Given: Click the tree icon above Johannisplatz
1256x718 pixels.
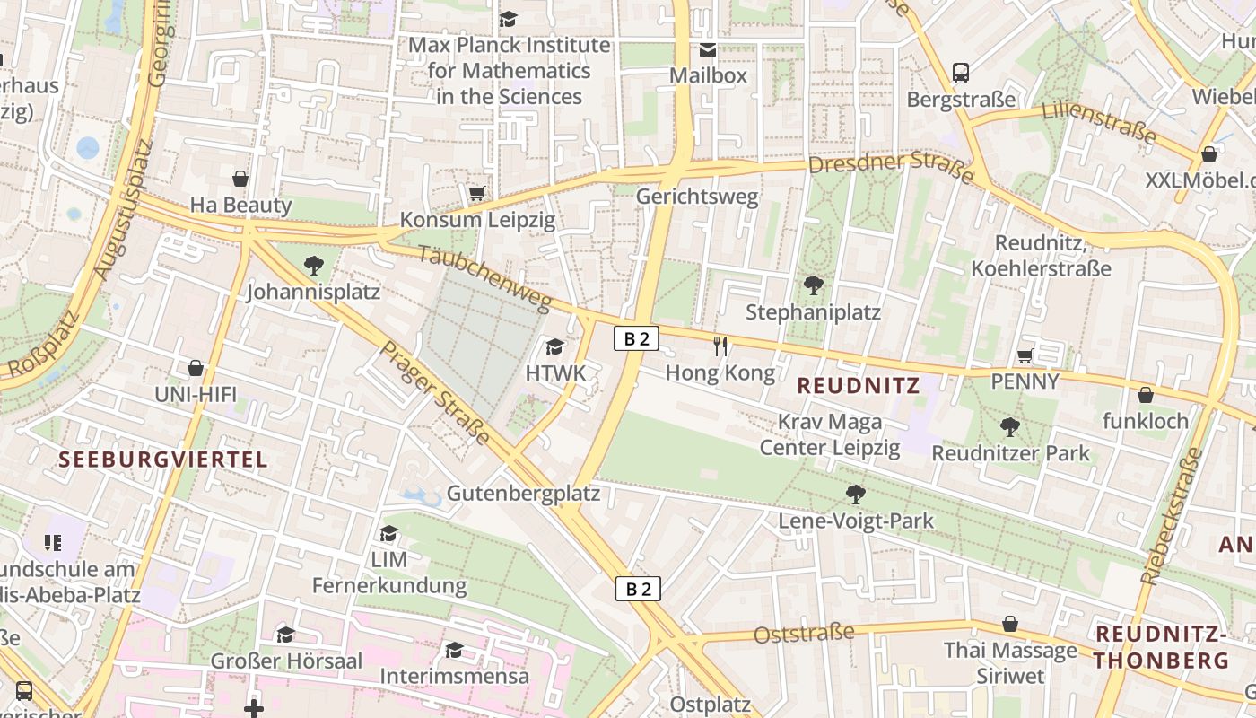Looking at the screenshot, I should (x=313, y=265).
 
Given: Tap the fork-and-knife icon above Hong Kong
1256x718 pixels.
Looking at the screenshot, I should (x=720, y=346).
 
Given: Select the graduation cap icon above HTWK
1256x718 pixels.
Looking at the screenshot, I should (x=555, y=346).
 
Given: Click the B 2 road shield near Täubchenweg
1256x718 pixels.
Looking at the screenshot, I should (x=637, y=338).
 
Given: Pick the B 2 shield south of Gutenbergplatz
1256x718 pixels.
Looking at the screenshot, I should (x=638, y=589).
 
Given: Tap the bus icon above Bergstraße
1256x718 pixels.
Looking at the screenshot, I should (x=961, y=72).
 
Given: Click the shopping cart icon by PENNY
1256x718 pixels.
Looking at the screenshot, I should (x=1025, y=355).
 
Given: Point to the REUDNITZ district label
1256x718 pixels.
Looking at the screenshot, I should (x=859, y=386).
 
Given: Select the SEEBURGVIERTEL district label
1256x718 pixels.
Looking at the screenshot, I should (x=163, y=460).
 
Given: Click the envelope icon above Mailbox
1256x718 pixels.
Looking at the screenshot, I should (x=708, y=49).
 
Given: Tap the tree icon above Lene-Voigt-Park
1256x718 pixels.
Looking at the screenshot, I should (x=856, y=494).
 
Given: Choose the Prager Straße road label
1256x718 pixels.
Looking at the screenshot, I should (x=436, y=393).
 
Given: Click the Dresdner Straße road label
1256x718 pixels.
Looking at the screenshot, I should (x=891, y=165).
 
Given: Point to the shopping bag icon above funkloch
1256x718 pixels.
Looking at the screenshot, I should (x=1145, y=395).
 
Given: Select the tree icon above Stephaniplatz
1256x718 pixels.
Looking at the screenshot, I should (x=814, y=285).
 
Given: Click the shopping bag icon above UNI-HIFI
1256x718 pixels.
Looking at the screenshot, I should (x=196, y=368).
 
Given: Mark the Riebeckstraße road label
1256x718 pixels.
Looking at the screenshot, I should (x=1172, y=517).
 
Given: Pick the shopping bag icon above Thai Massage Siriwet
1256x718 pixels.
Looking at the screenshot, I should (x=1010, y=624).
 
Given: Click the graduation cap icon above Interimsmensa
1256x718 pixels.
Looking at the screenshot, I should (x=454, y=649).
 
